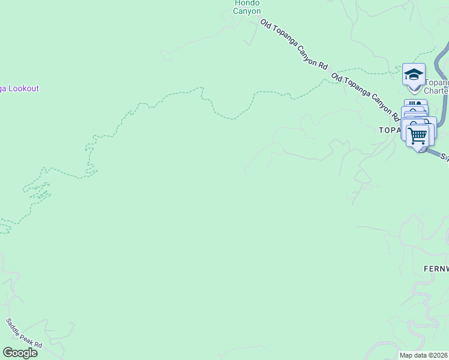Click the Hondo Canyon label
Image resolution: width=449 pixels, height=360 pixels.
[x=247, y=7]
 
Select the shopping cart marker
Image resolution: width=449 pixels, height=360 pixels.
[x=418, y=134]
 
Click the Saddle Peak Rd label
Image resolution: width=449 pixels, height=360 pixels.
[x=25, y=333]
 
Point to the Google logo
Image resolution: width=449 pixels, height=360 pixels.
[x=20, y=353]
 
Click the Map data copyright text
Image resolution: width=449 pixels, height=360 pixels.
[x=424, y=355]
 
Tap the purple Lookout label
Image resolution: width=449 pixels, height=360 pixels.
[x=20, y=89]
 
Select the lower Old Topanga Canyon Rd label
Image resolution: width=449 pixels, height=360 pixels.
[x=366, y=97]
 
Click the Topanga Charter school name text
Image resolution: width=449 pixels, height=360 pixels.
[x=436, y=87]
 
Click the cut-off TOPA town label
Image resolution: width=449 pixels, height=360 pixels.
[x=388, y=130]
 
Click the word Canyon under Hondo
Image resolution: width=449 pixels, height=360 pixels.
[x=247, y=11]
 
